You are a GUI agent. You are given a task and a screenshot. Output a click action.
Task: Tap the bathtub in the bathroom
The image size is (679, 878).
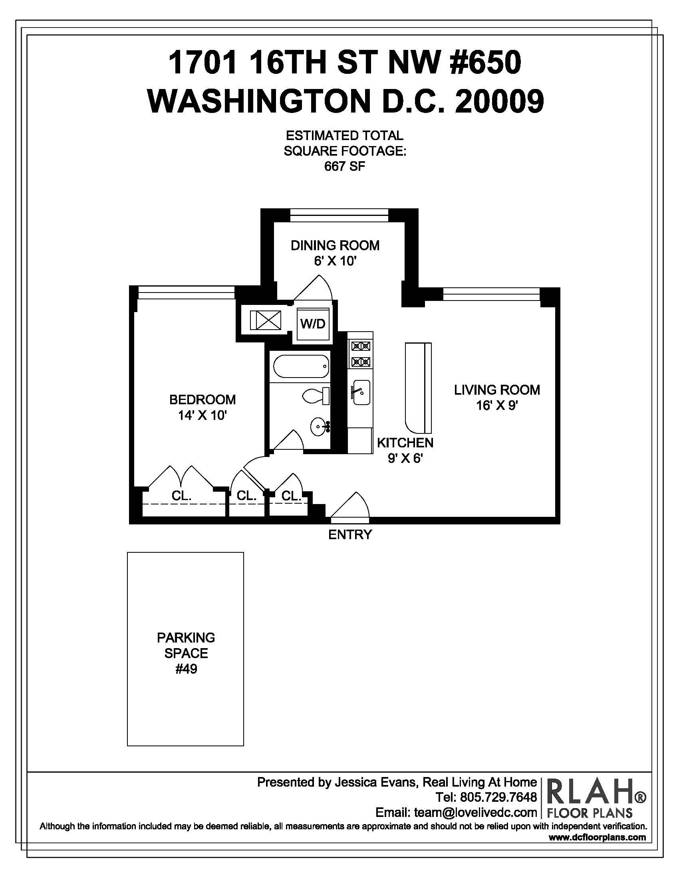[x=301, y=366]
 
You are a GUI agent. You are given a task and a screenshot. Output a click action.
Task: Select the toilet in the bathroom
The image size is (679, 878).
[x=316, y=396]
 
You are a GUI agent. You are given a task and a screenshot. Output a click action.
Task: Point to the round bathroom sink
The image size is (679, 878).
[x=320, y=426]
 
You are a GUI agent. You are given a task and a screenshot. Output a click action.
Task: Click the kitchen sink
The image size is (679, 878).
[x=361, y=392]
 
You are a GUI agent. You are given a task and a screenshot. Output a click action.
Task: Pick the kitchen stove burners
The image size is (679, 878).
[x=361, y=353]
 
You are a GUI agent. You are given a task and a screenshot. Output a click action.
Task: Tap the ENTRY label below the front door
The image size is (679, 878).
[x=350, y=534]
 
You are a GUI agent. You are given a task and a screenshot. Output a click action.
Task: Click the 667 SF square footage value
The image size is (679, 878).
[x=345, y=166]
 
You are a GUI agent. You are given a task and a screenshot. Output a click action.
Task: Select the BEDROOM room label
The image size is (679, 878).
[x=203, y=399]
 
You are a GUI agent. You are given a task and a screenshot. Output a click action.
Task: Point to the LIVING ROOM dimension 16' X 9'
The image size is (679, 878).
[x=497, y=405]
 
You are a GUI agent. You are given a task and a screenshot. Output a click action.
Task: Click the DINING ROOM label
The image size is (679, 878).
[x=335, y=245]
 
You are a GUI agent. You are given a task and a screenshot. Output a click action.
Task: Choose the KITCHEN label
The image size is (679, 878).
[x=405, y=443]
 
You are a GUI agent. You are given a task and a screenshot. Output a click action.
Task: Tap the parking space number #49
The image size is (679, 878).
[x=186, y=669]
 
